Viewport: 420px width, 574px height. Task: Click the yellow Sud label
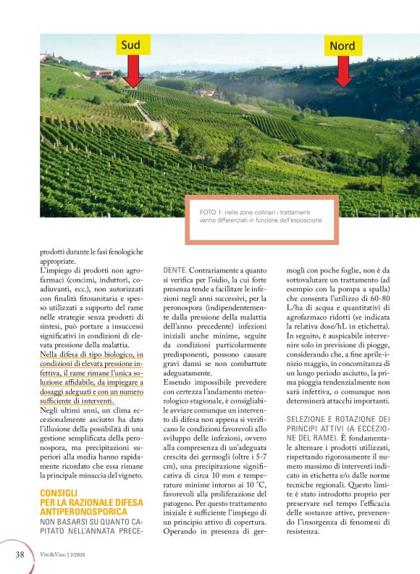131,45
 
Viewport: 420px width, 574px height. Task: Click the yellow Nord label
343,46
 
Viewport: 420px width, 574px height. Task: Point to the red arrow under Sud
132,71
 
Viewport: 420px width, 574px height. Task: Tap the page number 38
21,554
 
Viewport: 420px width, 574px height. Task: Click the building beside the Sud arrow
103,73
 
